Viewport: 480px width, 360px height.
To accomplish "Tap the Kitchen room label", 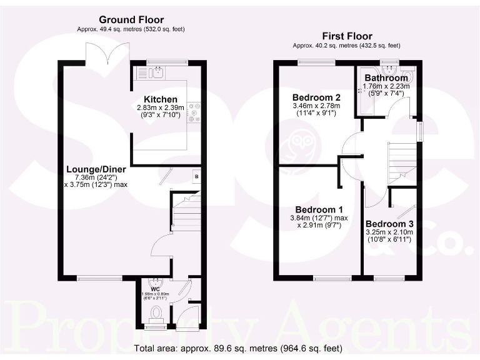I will click(161, 99).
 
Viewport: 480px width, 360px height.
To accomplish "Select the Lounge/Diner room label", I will click(96, 169).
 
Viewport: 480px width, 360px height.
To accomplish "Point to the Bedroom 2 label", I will click(317, 97).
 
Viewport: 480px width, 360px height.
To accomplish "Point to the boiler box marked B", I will click(197, 176).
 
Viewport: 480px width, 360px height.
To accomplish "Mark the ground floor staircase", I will click(186, 212).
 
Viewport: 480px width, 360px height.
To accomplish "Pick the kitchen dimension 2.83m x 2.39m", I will click(161, 107).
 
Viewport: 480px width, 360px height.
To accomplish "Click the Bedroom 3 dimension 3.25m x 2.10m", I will click(389, 232).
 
